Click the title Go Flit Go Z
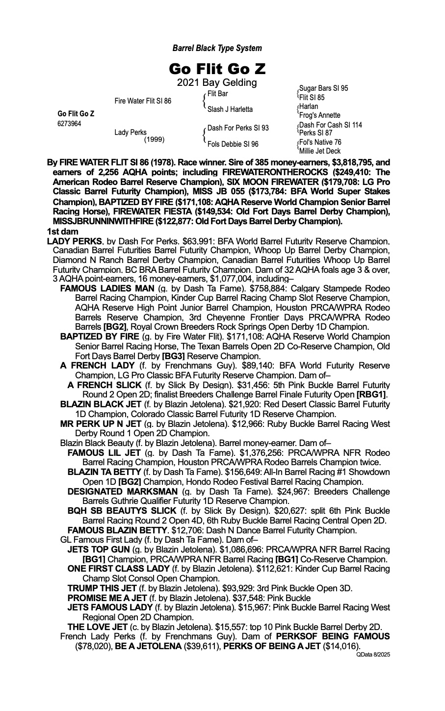217,68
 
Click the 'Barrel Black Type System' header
217,48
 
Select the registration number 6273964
70,124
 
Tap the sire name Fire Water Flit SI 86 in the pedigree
143,101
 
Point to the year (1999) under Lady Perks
154,139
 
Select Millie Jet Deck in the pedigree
320,151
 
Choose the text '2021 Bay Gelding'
217,82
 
